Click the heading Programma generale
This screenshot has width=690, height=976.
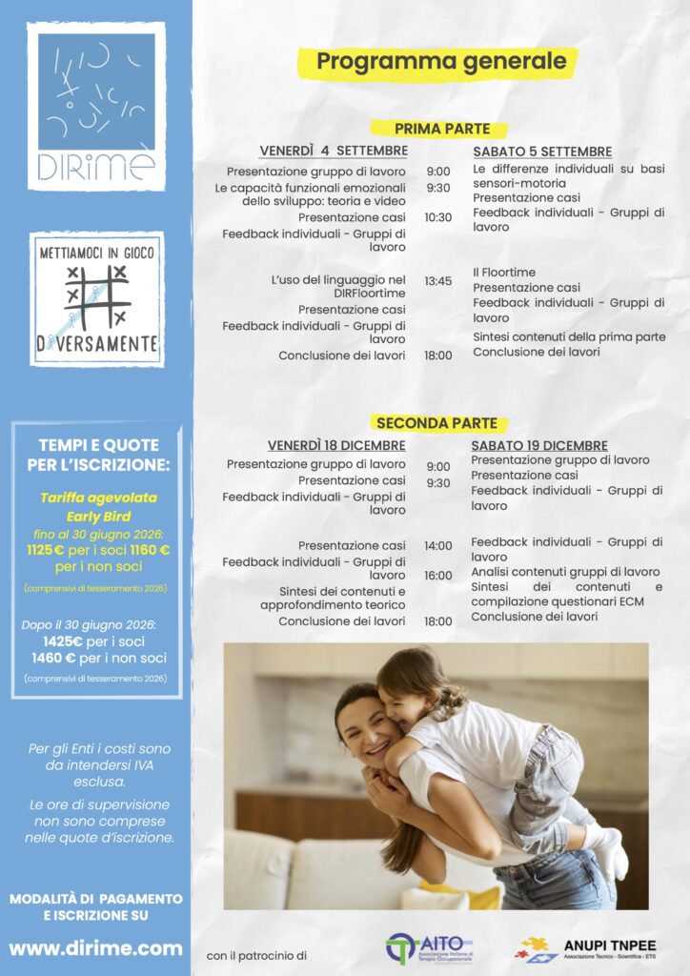[x=440, y=62]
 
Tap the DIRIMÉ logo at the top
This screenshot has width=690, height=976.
[x=96, y=105]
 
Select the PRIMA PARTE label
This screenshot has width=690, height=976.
[x=441, y=129]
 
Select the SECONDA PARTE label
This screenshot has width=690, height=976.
[x=436, y=423]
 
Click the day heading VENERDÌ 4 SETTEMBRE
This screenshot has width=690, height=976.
[x=334, y=152]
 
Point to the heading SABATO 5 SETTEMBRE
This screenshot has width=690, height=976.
[x=542, y=152]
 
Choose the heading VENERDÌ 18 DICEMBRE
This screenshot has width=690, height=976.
[x=336, y=445]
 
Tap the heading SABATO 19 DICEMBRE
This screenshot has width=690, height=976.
[x=539, y=445]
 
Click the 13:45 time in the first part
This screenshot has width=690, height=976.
[x=437, y=281]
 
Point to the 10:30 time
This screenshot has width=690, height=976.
[x=437, y=217]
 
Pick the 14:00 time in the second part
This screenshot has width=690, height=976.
[x=437, y=546]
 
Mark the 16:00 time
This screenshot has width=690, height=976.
[x=437, y=576]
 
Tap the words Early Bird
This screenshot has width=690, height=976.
[x=98, y=516]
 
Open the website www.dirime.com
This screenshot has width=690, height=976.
[x=95, y=948]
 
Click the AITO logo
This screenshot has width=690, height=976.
[x=429, y=947]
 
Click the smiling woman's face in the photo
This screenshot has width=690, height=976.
[x=364, y=732]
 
